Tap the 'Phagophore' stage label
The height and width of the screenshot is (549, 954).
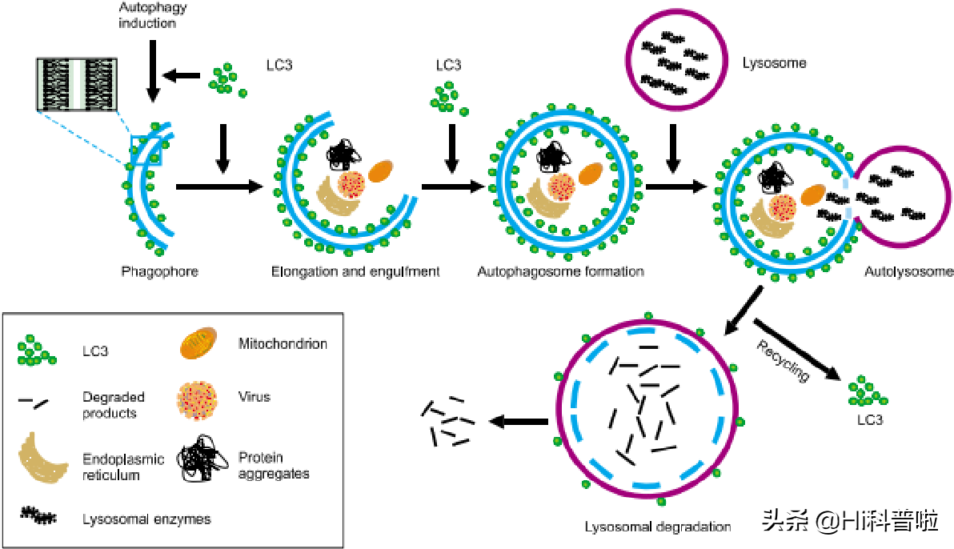159,271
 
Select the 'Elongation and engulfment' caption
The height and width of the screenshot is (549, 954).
355,271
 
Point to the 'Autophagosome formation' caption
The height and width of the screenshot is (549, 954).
560,271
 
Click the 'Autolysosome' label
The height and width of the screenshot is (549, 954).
908,271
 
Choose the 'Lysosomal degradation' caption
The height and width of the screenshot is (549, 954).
658,527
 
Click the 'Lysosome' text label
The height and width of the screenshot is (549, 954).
774,62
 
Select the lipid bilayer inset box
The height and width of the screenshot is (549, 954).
78,83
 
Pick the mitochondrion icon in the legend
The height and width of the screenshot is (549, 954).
197,344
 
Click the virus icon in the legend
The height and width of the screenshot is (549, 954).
197,397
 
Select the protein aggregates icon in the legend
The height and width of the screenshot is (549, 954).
196,463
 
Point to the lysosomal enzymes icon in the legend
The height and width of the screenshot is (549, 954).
38,516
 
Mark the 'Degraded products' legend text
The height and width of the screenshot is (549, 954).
113,405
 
